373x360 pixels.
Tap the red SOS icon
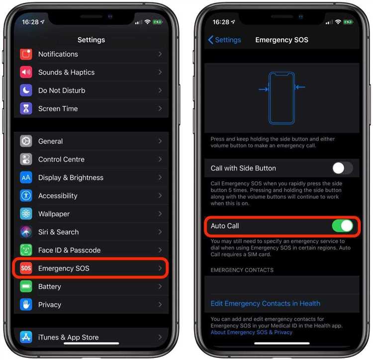26,268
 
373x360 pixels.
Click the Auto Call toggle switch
343,226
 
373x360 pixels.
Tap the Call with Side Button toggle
343,168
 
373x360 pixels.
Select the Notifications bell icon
26,54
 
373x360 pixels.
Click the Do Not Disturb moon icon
26,91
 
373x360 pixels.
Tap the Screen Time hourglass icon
26,109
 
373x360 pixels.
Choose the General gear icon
26,141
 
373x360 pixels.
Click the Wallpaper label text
54,214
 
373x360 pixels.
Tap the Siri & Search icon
26,232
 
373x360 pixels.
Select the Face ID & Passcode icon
26,250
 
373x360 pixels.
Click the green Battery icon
26,287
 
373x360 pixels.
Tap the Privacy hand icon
26,305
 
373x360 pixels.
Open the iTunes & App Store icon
26,338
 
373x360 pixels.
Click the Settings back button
224,40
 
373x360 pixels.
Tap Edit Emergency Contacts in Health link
265,304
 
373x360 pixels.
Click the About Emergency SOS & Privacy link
251,332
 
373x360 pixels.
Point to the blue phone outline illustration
282,98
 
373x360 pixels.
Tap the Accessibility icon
26,196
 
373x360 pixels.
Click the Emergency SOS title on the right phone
281,40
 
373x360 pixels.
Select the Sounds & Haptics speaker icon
26,72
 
